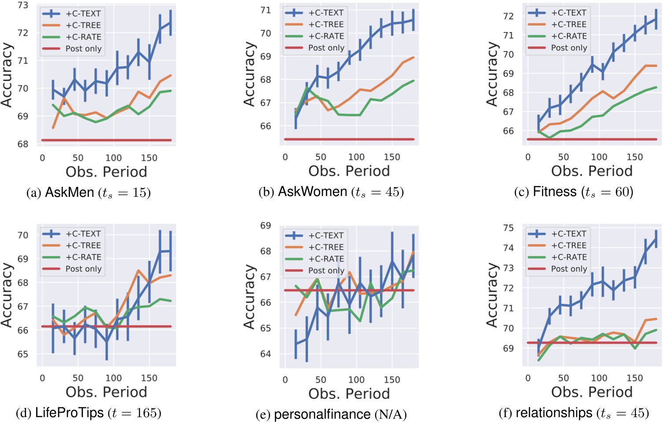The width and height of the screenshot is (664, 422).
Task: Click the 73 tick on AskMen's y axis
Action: tap(23, 5)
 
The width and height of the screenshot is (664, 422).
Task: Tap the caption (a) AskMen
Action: tap(89, 192)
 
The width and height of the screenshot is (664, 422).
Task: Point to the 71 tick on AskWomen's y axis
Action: tap(266, 10)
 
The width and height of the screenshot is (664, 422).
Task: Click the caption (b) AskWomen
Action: tap(331, 192)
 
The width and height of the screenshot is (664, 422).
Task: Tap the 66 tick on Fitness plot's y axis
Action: tap(508, 131)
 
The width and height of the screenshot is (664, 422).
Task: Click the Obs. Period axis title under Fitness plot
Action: tap(592, 171)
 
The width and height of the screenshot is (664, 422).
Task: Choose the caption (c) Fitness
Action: tap(574, 192)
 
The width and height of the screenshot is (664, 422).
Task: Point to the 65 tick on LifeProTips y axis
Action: tap(23, 354)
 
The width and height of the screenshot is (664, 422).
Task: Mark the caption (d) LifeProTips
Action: tap(89, 413)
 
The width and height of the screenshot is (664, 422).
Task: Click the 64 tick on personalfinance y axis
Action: tap(266, 354)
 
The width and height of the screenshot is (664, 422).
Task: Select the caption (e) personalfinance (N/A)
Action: tap(331, 415)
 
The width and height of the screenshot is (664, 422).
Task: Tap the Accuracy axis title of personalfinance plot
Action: tap(249, 296)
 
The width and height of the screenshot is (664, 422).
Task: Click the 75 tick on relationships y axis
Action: tap(508, 228)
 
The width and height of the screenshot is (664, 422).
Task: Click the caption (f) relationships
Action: tap(574, 413)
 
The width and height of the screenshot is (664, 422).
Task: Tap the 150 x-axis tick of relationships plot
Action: tap(634, 378)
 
